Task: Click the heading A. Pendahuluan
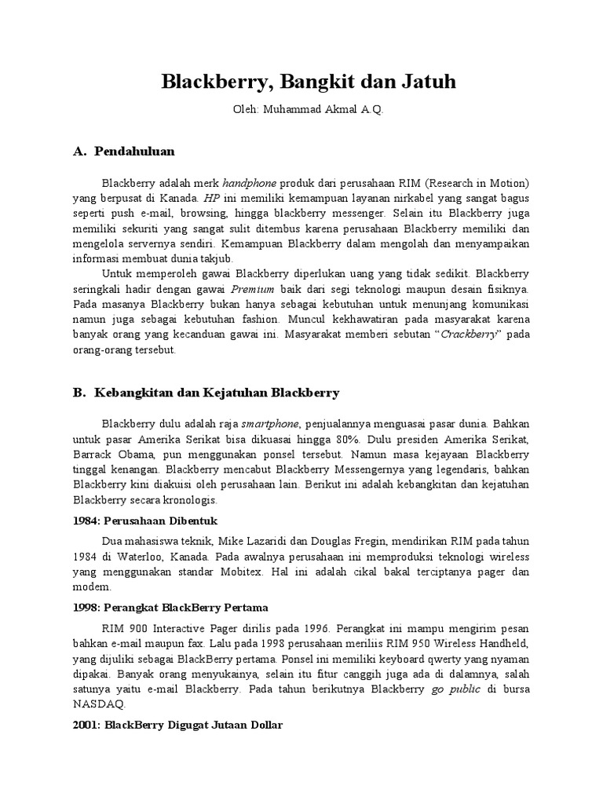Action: [x=124, y=151]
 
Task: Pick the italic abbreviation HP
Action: [x=211, y=198]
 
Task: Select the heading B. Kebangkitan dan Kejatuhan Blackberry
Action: [x=206, y=392]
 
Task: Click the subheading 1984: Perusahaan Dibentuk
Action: [x=144, y=521]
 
